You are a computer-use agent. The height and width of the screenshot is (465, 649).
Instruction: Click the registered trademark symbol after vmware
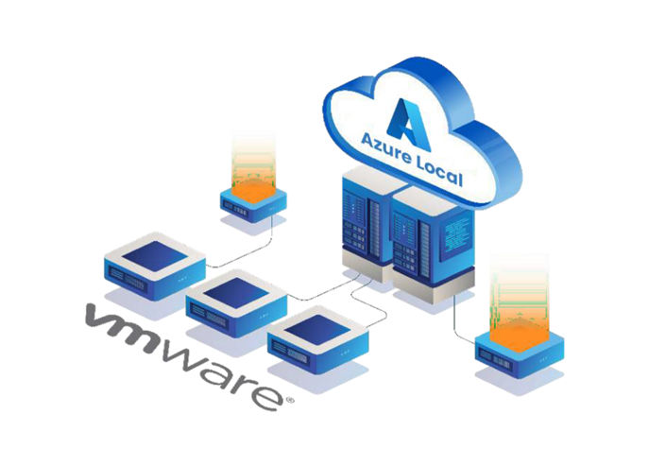pos(290,401)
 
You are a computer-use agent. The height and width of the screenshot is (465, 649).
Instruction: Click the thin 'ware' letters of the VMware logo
pos(222,375)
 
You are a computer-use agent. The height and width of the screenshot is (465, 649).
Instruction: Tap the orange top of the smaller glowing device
pos(253,192)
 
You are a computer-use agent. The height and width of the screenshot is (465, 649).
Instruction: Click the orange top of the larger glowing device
pos(519,335)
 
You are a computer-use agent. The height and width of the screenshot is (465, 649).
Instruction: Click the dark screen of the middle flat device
pos(236,293)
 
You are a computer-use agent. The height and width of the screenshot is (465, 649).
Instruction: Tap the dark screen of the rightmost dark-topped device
pos(318,330)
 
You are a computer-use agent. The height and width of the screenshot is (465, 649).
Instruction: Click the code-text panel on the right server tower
pos(455,237)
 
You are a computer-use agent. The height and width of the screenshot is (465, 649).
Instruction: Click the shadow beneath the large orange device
pos(519,380)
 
